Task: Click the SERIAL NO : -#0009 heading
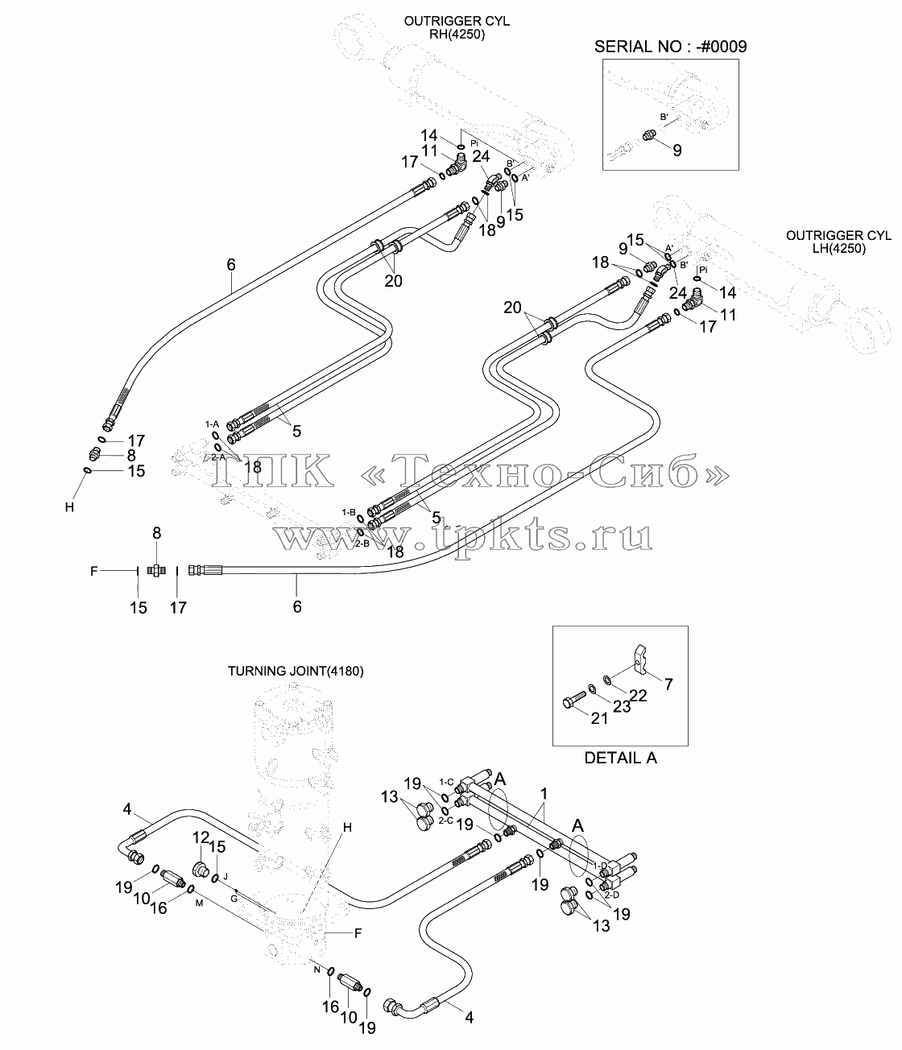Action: [x=670, y=47]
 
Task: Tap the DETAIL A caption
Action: [x=620, y=759]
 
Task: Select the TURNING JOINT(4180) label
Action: [x=296, y=671]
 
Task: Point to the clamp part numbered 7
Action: [x=641, y=659]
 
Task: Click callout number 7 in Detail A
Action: [x=668, y=684]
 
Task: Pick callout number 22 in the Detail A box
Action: [x=639, y=696]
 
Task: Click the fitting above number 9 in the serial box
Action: [x=648, y=135]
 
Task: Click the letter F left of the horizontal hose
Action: [x=93, y=571]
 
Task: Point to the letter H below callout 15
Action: [x=69, y=507]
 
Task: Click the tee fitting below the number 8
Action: [x=156, y=570]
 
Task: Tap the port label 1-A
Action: [x=212, y=424]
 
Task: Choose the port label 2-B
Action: [x=362, y=544]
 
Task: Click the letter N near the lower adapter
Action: [x=317, y=969]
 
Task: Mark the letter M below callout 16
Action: [x=199, y=903]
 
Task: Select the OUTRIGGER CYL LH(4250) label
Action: [x=838, y=242]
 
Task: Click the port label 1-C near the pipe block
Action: [x=447, y=782]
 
